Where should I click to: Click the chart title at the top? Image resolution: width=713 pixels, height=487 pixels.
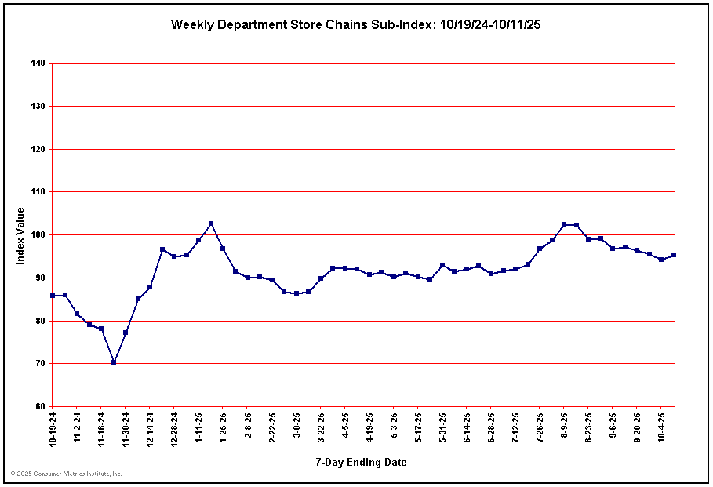coord(355,24)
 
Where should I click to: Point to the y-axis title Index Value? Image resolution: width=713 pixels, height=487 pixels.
coord(20,235)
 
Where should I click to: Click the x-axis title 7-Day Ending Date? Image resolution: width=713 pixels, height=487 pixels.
coord(362,463)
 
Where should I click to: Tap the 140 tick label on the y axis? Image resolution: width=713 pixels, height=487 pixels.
coord(37,63)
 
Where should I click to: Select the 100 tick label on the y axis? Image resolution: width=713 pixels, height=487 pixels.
coord(37,234)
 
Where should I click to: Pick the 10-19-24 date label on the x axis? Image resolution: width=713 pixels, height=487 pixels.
coord(53,428)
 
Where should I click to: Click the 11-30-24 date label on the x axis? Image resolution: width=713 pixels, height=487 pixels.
coord(126,428)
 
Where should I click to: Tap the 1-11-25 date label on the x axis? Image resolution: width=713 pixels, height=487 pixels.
coord(199,427)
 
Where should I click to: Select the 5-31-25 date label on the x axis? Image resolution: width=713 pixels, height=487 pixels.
coord(442,427)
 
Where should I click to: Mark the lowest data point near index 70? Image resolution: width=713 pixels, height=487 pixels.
coord(114,362)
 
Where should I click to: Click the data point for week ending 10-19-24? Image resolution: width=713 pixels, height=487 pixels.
coord(53,296)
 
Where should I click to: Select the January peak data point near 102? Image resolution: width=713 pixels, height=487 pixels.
coord(211,224)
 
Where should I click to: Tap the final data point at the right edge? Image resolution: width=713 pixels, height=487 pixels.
coord(674,255)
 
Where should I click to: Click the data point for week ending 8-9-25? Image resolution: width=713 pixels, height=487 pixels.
coord(564,224)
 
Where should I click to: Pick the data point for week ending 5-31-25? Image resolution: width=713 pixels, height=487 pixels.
coord(442,265)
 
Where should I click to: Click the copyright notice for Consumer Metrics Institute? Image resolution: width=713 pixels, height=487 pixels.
coord(67,474)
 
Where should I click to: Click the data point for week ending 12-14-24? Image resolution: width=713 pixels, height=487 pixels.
coord(150,287)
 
